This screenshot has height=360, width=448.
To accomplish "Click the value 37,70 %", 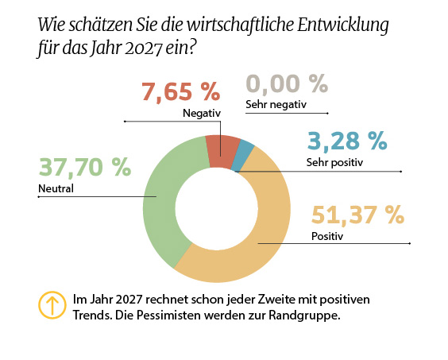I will coord(84,167).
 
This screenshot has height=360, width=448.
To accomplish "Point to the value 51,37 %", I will coord(357,215).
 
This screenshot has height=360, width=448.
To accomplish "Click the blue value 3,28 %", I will coord(346,141).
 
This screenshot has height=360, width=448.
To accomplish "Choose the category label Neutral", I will coord(56,189).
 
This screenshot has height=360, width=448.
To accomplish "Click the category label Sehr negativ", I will coord(276,104).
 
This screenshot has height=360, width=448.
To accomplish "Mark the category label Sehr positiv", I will coord(334,163).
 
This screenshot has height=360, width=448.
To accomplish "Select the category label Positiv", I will coord(327,235).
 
